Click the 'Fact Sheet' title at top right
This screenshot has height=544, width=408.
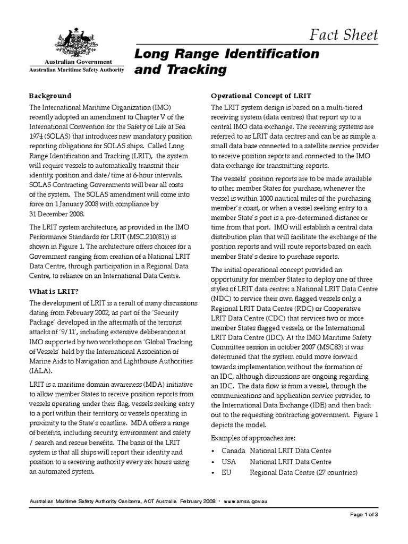click(x=345, y=35)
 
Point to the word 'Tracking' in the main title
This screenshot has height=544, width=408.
click(x=182, y=70)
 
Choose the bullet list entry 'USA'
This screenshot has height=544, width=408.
click(x=229, y=462)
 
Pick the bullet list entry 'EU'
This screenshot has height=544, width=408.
click(x=226, y=473)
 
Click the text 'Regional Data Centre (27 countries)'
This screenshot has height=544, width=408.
click(x=304, y=473)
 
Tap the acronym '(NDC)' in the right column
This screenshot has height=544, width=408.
click(x=223, y=300)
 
